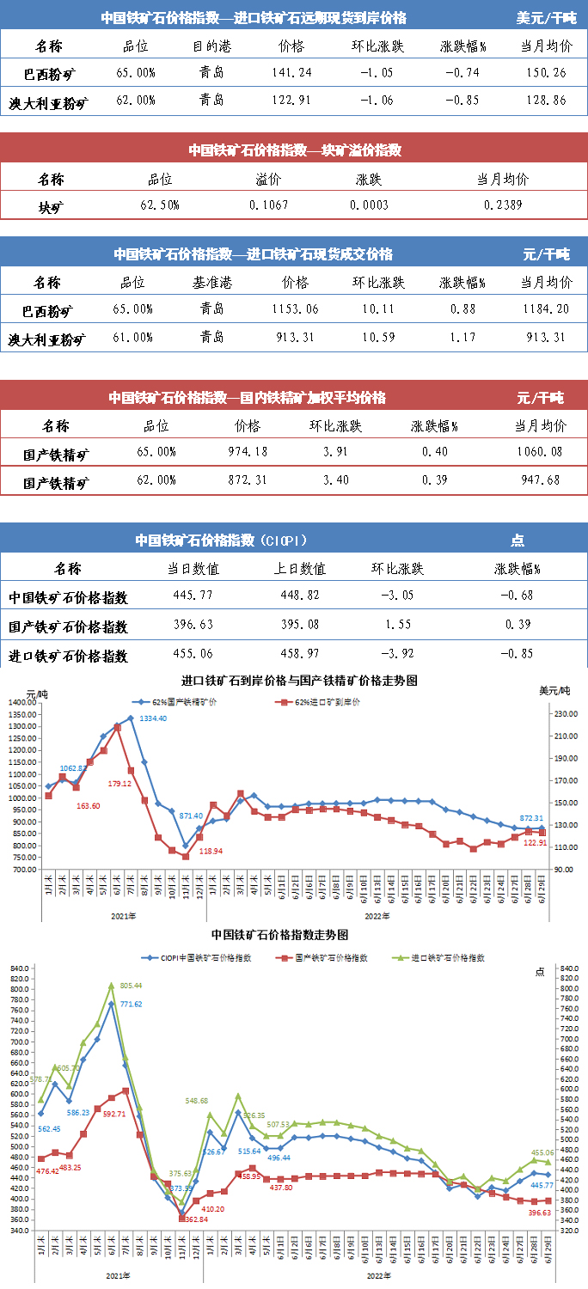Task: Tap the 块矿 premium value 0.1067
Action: [x=268, y=205]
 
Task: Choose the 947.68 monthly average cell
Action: [x=541, y=480]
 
